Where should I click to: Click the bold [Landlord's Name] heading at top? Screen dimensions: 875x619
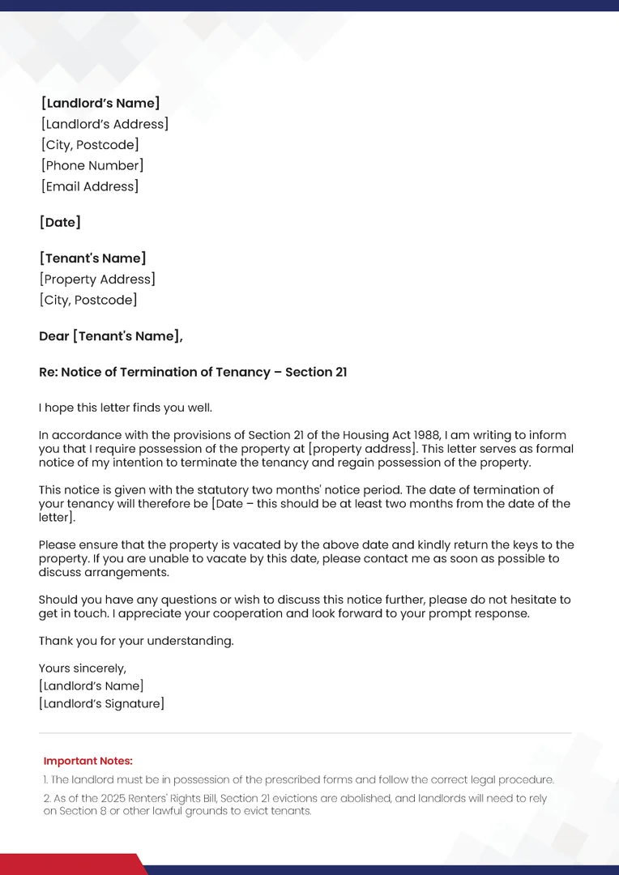click(x=100, y=103)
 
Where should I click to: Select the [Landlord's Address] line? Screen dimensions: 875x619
click(x=105, y=124)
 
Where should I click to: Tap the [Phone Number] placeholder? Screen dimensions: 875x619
click(x=92, y=165)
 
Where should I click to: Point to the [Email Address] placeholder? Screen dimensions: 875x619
click(x=90, y=186)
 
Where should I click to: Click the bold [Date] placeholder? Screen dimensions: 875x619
click(x=60, y=222)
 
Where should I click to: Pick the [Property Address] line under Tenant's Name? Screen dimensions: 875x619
click(x=97, y=280)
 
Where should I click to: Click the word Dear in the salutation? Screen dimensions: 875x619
click(x=54, y=336)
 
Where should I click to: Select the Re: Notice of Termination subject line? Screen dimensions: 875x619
click(x=193, y=372)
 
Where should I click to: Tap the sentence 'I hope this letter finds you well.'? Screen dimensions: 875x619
click(x=126, y=408)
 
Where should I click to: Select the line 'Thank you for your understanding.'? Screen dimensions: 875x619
click(x=136, y=641)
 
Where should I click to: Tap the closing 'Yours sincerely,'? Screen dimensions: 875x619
click(x=83, y=668)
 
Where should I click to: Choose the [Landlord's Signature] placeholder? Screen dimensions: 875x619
click(x=101, y=703)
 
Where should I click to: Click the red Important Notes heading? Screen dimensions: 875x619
click(x=88, y=761)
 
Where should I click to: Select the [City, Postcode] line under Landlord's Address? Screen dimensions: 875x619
click(x=90, y=145)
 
